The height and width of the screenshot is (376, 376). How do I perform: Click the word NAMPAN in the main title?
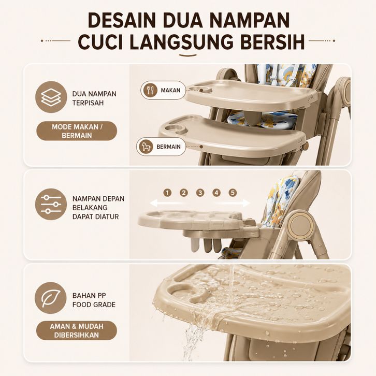(250, 20)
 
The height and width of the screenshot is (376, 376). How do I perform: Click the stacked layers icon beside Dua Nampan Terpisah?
(51, 97)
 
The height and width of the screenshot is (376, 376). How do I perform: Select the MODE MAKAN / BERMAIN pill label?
(77, 131)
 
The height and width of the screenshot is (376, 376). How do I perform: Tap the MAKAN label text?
(170, 91)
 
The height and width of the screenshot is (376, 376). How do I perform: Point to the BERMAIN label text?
(168, 147)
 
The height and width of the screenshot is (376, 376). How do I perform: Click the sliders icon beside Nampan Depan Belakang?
(51, 204)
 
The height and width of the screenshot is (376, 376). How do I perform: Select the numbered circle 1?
(167, 193)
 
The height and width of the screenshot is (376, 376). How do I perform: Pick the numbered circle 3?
(200, 193)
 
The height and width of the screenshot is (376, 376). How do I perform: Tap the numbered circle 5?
(233, 193)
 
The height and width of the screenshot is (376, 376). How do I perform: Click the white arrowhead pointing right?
(245, 203)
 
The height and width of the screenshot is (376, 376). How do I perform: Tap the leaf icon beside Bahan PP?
(51, 298)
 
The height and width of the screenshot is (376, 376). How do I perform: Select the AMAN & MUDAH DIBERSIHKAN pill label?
(77, 330)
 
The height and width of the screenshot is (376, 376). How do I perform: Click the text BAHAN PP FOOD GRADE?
(94, 300)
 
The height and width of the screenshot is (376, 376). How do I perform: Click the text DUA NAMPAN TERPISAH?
(94, 98)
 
